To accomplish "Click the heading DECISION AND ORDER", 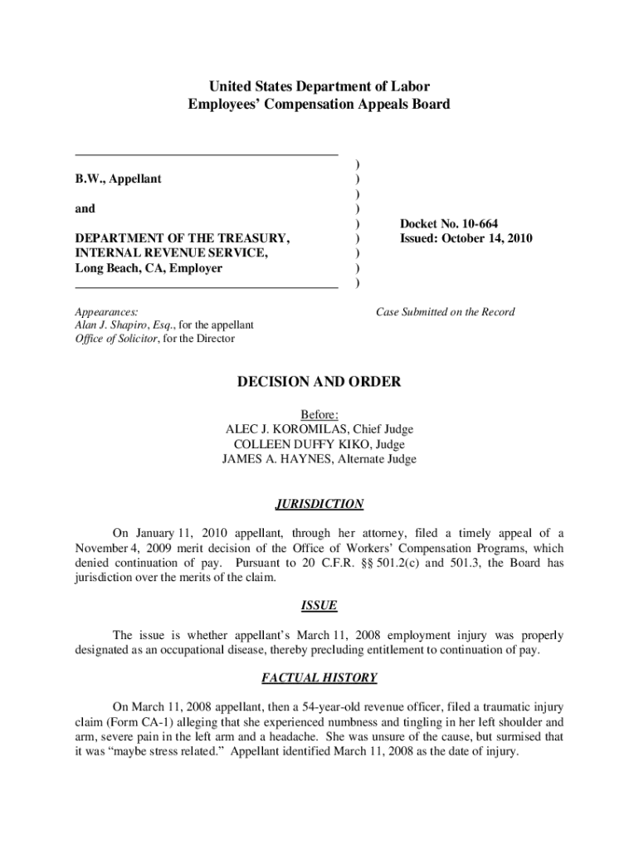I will pos(319,383).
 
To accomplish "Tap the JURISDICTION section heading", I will pos(319,504).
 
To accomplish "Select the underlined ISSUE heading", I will pos(319,607).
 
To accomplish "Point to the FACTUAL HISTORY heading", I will pos(319,678).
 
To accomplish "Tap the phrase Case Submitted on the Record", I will pos(445,312).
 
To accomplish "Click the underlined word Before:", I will pos(319,414).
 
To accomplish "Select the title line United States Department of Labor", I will pos(319,86).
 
